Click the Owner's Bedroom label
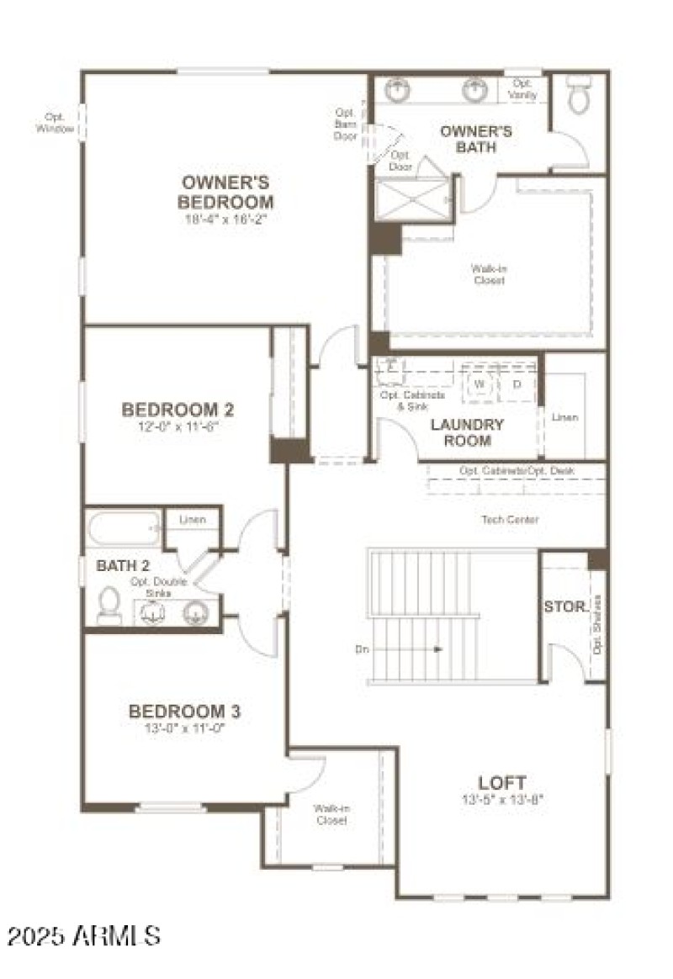[226, 192]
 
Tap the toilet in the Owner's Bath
[579, 96]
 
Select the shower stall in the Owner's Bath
[412, 199]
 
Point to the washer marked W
[480, 384]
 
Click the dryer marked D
[517, 384]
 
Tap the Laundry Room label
[467, 432]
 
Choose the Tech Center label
[510, 520]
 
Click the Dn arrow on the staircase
[437, 648]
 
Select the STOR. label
[565, 606]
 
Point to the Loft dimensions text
[502, 799]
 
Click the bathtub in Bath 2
[122, 530]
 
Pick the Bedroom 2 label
[178, 410]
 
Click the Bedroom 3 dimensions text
[184, 729]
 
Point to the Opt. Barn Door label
[346, 124]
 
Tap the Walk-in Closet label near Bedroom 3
[331, 813]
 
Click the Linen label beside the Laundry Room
[564, 417]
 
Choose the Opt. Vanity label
[522, 89]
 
